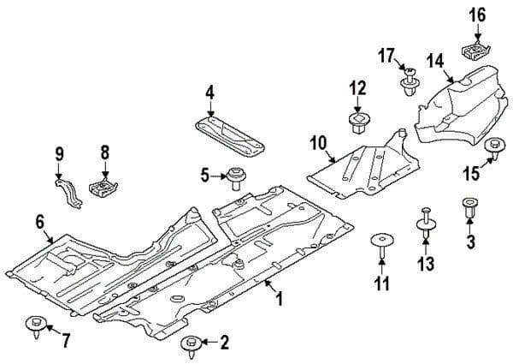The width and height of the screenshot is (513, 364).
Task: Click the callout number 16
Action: point(476,15)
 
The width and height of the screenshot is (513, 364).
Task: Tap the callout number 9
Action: point(59,154)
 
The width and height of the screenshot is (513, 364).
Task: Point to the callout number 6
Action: point(39,222)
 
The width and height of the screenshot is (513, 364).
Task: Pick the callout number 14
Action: point(435,61)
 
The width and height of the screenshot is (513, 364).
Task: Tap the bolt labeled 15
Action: point(493,149)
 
